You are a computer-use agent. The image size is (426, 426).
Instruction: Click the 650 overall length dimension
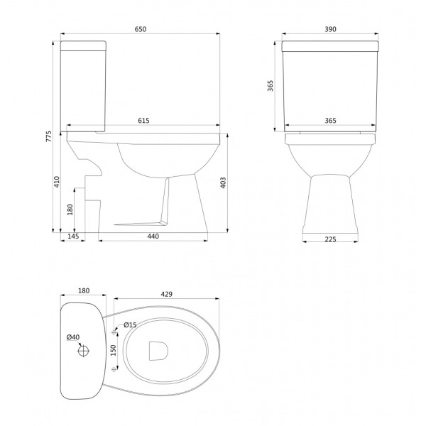coord(141,29)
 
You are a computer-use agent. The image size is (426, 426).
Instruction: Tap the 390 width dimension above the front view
coord(330,29)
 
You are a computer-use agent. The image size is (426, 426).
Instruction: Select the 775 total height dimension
coord(48,136)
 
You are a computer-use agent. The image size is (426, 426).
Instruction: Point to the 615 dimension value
coord(143,121)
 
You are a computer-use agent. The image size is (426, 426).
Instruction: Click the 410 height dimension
coord(57,182)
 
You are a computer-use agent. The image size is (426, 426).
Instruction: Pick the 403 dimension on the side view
coord(223,183)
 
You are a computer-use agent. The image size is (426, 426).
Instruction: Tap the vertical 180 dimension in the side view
coord(70,209)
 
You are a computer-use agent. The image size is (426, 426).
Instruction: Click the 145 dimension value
coord(73,236)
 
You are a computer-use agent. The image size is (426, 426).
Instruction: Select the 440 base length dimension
coord(153,236)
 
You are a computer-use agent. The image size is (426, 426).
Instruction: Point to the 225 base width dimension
coord(330,239)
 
